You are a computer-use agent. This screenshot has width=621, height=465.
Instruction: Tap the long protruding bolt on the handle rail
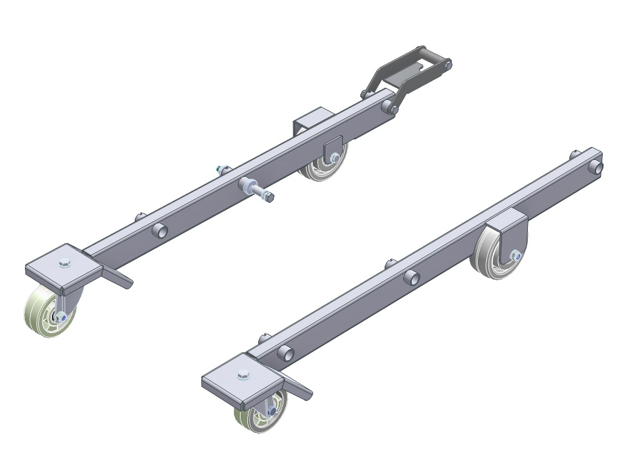[x=258, y=190]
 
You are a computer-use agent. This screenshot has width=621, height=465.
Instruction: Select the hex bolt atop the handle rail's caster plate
[x=65, y=263]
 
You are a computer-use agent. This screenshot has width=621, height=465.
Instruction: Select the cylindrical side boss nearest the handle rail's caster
[x=160, y=230]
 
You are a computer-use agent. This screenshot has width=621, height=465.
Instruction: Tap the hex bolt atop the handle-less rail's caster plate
[x=243, y=374]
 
